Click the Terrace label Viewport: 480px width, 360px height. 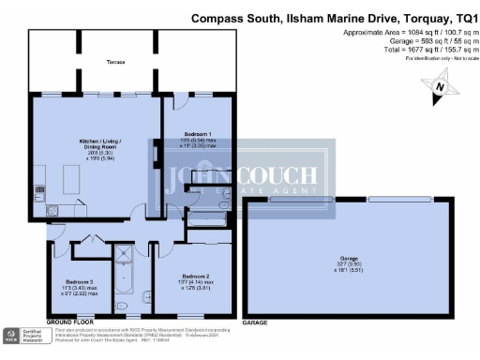pyautogui.click(x=116, y=62)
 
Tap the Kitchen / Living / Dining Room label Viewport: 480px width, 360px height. pyautogui.click(x=89, y=145)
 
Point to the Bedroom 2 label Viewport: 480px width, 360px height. pyautogui.click(x=196, y=277)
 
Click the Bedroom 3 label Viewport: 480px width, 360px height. pyautogui.click(x=80, y=281)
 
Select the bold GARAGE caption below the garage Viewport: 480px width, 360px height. pyautogui.click(x=255, y=322)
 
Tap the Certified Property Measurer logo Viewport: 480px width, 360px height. pyautogui.click(x=23, y=336)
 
